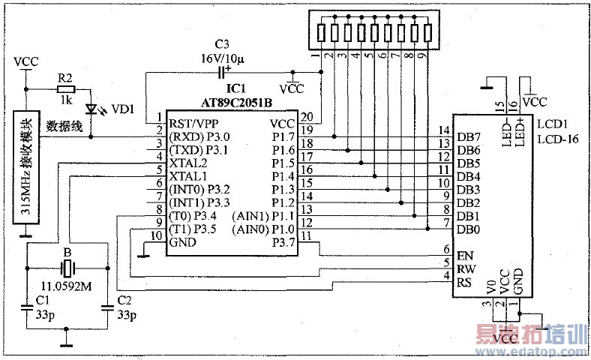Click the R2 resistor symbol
click(x=66, y=87)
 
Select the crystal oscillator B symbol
click(x=67, y=268)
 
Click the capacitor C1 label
click(x=42, y=301)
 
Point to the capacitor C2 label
click(x=125, y=301)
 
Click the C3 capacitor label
click(x=221, y=43)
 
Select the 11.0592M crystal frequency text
click(x=67, y=286)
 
